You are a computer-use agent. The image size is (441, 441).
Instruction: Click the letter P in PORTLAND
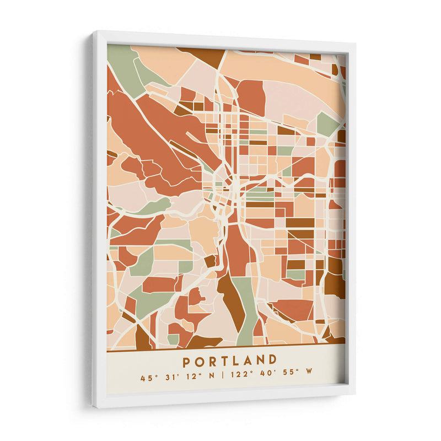coord(187,361)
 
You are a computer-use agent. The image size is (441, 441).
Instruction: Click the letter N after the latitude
coord(212,378)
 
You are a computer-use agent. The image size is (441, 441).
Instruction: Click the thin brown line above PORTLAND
coord(226,346)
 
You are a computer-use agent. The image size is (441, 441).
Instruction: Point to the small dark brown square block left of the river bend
coord(210,261)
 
